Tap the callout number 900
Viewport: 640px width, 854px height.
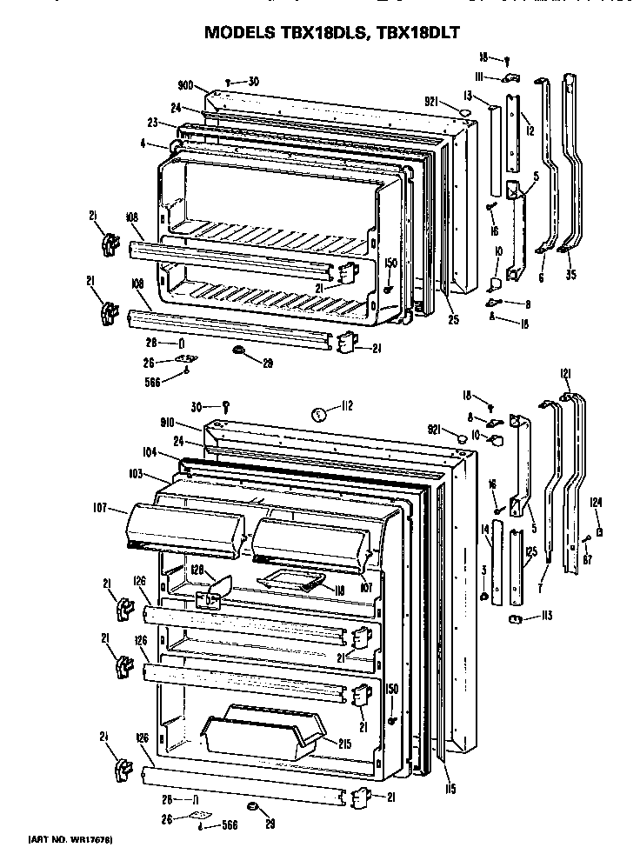click(x=185, y=87)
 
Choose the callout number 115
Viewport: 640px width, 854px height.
click(x=449, y=790)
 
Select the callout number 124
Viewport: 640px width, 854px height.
click(x=595, y=500)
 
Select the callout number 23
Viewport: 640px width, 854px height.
click(x=151, y=123)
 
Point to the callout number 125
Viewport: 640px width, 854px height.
click(x=530, y=551)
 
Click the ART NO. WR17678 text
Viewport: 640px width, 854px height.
click(x=71, y=839)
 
